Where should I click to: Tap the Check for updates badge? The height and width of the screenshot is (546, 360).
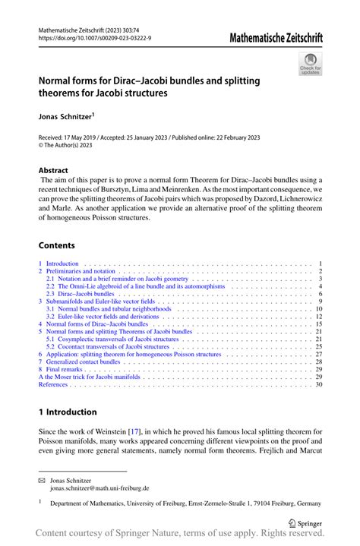[x=311, y=66]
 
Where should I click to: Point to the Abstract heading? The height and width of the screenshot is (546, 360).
[x=53, y=170]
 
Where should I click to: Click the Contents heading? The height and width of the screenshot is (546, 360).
[x=56, y=245]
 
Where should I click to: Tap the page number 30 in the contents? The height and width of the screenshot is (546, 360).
[x=319, y=384]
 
